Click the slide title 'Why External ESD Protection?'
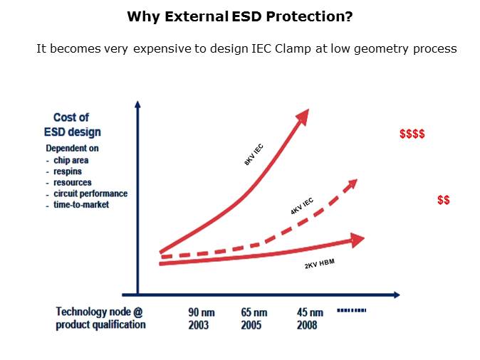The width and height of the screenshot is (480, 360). pyautogui.click(x=239, y=16)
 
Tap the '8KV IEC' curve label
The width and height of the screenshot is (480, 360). pyautogui.click(x=254, y=154)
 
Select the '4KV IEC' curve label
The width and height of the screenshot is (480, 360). pyautogui.click(x=301, y=206)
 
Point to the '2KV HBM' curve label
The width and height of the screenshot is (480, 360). pyautogui.click(x=319, y=265)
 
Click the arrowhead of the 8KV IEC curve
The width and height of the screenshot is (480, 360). pyautogui.click(x=302, y=117)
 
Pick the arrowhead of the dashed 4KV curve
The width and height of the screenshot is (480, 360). pyautogui.click(x=350, y=185)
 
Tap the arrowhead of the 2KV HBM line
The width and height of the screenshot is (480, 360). pyautogui.click(x=355, y=240)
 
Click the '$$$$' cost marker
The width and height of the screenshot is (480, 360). pyautogui.click(x=412, y=134)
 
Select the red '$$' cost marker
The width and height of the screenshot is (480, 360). pyautogui.click(x=443, y=201)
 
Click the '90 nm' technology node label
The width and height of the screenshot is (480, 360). pyautogui.click(x=202, y=312)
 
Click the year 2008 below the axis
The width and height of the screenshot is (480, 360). pyautogui.click(x=308, y=325)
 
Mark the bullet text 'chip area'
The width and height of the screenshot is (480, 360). pyautogui.click(x=71, y=160)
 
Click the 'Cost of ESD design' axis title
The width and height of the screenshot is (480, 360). pyautogui.click(x=77, y=125)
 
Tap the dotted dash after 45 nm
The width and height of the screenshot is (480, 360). pyautogui.click(x=351, y=310)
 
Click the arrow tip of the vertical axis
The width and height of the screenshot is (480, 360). pyautogui.click(x=137, y=105)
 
